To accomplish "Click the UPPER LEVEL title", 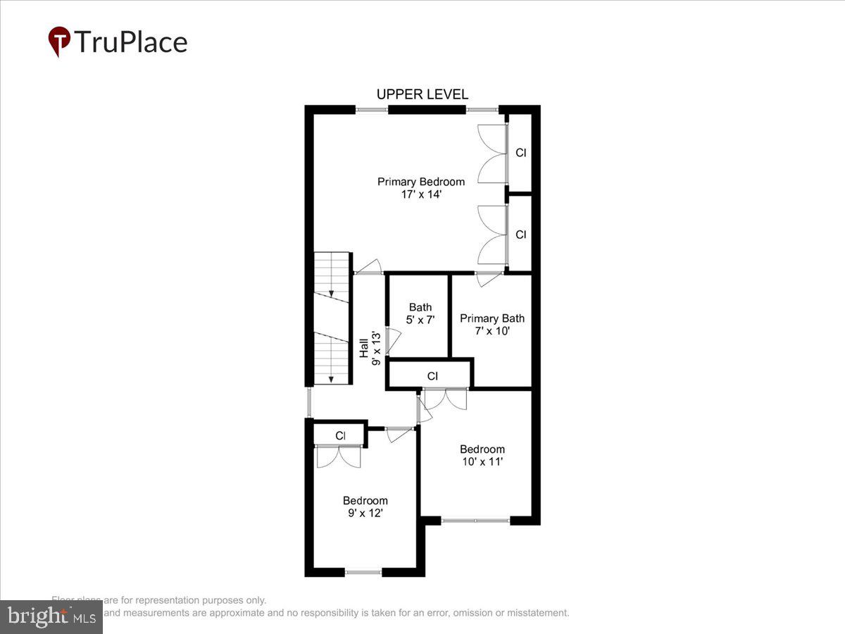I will tap(422, 94).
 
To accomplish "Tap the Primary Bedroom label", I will tap(421, 182).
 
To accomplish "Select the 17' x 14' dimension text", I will tap(421, 194).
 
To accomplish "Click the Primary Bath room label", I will tap(492, 318).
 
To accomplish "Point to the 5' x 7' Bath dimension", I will tap(420, 319).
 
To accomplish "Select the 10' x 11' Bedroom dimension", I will tap(482, 462).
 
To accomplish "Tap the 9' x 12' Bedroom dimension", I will tap(365, 514).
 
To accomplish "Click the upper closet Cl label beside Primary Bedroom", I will tap(520, 152).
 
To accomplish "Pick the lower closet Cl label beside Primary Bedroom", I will tap(520, 235).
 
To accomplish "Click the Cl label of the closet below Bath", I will tap(432, 376).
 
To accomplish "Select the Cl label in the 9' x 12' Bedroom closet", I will tap(340, 436).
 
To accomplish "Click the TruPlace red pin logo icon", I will tap(59, 42).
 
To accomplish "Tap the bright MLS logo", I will tap(51, 617).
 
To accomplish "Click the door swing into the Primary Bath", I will tap(487, 279).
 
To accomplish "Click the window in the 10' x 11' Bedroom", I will tap(475, 521).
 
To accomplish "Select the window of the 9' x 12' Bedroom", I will tap(363, 573).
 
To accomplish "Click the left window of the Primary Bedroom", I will tap(371, 109).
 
